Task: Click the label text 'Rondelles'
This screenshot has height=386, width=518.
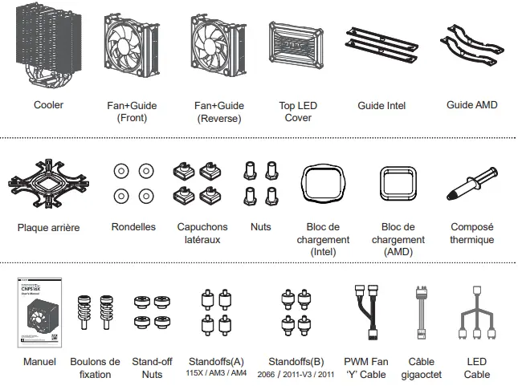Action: click(x=133, y=227)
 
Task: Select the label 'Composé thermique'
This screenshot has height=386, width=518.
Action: click(x=471, y=234)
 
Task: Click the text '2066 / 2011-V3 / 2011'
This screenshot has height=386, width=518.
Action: click(x=296, y=375)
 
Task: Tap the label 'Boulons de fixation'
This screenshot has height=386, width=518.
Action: click(x=95, y=368)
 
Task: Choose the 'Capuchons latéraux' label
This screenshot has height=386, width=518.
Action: click(x=202, y=234)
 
